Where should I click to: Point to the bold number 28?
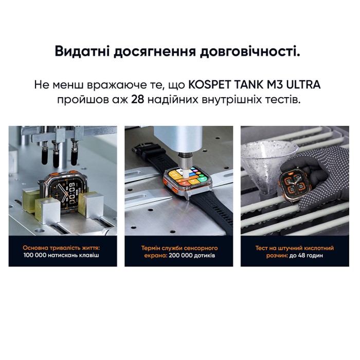tap(137, 99)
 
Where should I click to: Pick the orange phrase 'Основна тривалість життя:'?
tap(63, 247)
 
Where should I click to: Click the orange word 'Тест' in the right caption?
tap(264, 247)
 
